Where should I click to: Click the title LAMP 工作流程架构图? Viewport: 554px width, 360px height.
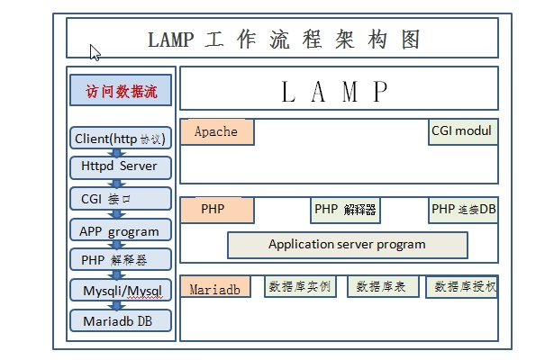tap(282, 40)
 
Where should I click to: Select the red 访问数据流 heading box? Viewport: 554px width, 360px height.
tap(121, 91)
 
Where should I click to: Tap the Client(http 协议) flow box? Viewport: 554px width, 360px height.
tap(120, 138)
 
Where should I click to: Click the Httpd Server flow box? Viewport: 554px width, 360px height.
tap(120, 166)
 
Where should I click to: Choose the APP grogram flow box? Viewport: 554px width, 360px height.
tap(120, 230)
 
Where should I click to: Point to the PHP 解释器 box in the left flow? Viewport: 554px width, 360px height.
tap(120, 260)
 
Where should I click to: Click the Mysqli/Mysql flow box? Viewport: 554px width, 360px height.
tap(120, 290)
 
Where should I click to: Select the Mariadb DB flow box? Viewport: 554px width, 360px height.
tap(120, 320)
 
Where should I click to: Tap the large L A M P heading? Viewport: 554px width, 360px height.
tap(338, 90)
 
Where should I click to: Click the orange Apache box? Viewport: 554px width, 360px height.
tap(217, 132)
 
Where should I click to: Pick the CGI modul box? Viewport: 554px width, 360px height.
tap(462, 131)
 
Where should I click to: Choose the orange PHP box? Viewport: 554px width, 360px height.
tap(216, 210)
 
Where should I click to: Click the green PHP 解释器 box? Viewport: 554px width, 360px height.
tap(345, 210)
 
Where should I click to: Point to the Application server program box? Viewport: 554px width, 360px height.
tap(347, 245)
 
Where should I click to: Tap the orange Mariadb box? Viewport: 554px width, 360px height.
tap(216, 288)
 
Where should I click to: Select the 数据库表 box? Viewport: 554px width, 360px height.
tap(382, 287)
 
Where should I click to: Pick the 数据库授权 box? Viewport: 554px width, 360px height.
tap(462, 287)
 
